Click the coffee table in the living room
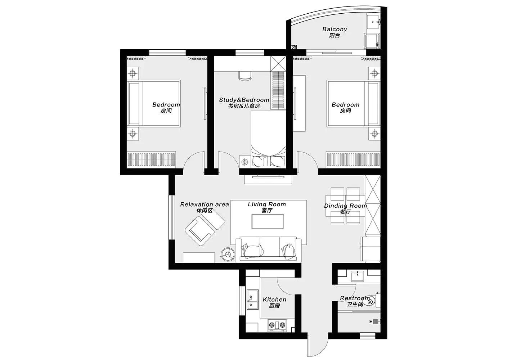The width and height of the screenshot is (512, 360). pyautogui.click(x=268, y=221)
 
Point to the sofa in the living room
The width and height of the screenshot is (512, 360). pyautogui.click(x=269, y=249)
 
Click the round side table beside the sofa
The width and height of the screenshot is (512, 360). pyautogui.click(x=228, y=254)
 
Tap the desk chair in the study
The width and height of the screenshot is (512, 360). pyautogui.click(x=245, y=76)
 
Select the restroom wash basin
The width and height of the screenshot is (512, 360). pyautogui.click(x=358, y=276)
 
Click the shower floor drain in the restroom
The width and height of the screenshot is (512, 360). pyautogui.click(x=375, y=321)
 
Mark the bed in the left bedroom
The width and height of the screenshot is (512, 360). pyautogui.click(x=154, y=104)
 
